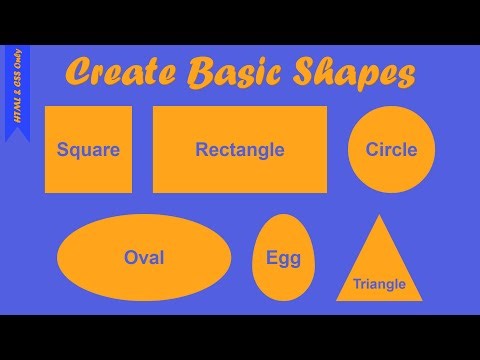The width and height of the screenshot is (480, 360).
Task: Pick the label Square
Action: [x=88, y=151]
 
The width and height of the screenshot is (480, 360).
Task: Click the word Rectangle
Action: [x=240, y=151]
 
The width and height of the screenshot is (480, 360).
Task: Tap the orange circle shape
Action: [x=391, y=130]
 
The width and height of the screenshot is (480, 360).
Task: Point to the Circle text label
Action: [x=391, y=151]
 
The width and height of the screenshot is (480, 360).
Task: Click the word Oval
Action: [x=144, y=258]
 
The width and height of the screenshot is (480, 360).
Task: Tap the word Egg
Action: [x=283, y=259]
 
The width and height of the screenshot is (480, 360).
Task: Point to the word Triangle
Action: [x=379, y=284]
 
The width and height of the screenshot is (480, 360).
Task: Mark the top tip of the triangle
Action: [x=378, y=216]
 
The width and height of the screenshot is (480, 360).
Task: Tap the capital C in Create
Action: [x=78, y=73]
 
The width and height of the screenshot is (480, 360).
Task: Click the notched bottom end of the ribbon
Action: [x=17, y=134]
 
